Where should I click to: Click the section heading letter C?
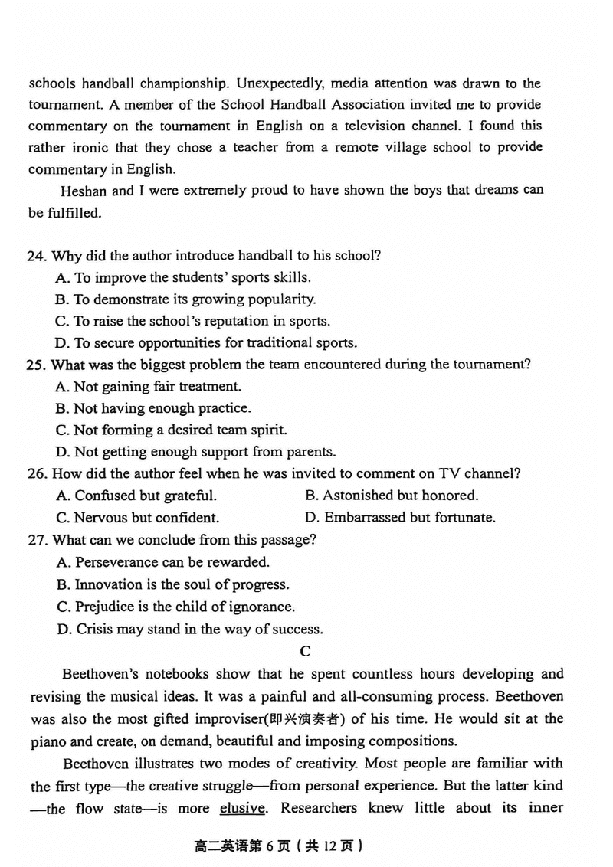pos(305,652)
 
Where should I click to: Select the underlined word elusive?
pos(242,808)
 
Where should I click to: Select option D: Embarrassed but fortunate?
pos(400,518)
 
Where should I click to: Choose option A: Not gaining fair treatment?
pos(149,387)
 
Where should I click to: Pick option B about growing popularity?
pos(185,299)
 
